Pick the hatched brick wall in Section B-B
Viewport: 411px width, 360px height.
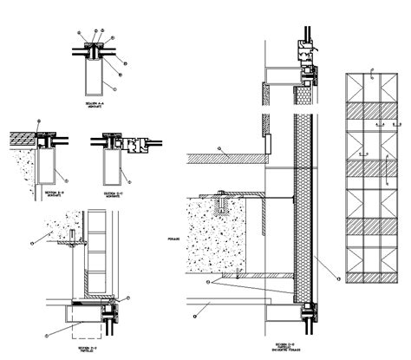(23, 138)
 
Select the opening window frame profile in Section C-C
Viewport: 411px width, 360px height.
(134, 143)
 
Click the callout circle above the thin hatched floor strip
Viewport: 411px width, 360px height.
(220, 149)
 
